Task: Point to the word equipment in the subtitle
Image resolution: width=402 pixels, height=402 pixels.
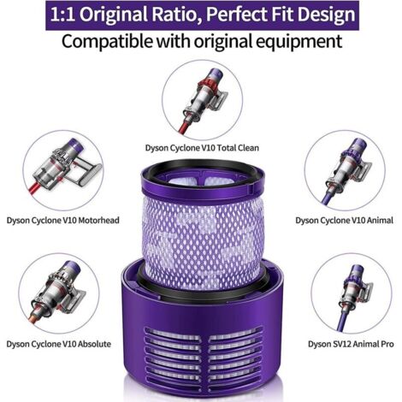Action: pos(299,41)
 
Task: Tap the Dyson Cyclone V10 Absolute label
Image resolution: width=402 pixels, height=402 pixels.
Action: pos(58,344)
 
